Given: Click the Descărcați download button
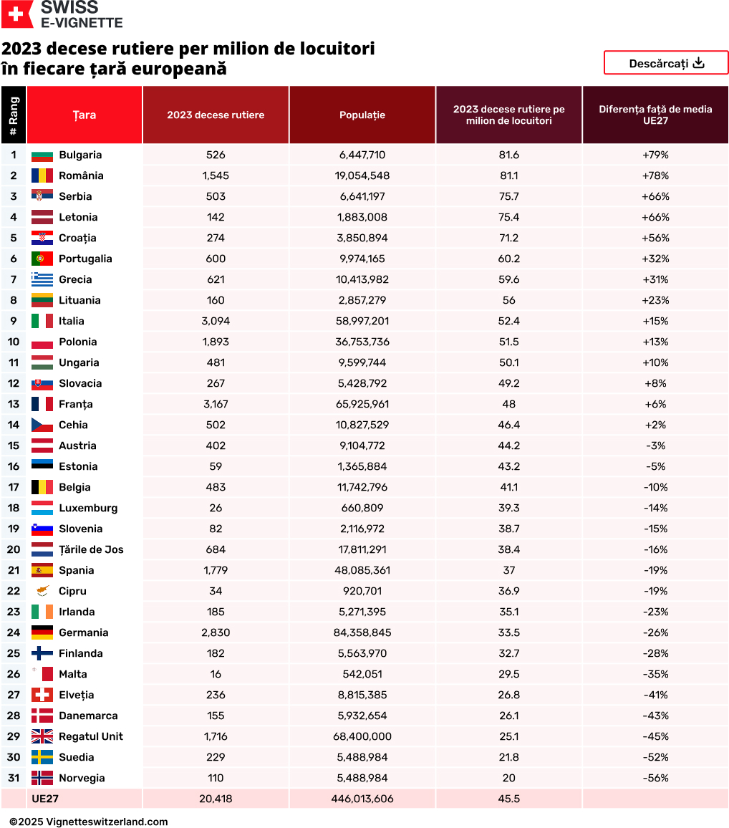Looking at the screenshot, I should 666,63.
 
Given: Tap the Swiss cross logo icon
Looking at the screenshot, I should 16,14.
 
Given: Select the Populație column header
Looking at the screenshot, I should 362,115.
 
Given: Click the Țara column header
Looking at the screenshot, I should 85,115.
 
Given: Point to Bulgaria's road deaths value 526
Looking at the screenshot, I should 215,155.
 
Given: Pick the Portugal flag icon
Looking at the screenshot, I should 42,259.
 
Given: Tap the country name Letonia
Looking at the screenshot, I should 78,217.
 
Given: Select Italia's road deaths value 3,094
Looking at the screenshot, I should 215,321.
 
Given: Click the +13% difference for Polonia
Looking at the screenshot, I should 656,342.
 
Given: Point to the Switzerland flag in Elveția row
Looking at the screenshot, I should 42,695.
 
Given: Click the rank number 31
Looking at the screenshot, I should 14,778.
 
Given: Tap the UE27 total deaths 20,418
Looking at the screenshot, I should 215,799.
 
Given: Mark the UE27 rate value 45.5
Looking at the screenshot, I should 509,799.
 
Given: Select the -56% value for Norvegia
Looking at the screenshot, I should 656,778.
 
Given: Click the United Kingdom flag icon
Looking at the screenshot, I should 42,736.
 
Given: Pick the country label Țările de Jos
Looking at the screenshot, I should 91,549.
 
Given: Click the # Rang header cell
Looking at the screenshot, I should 14,115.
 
